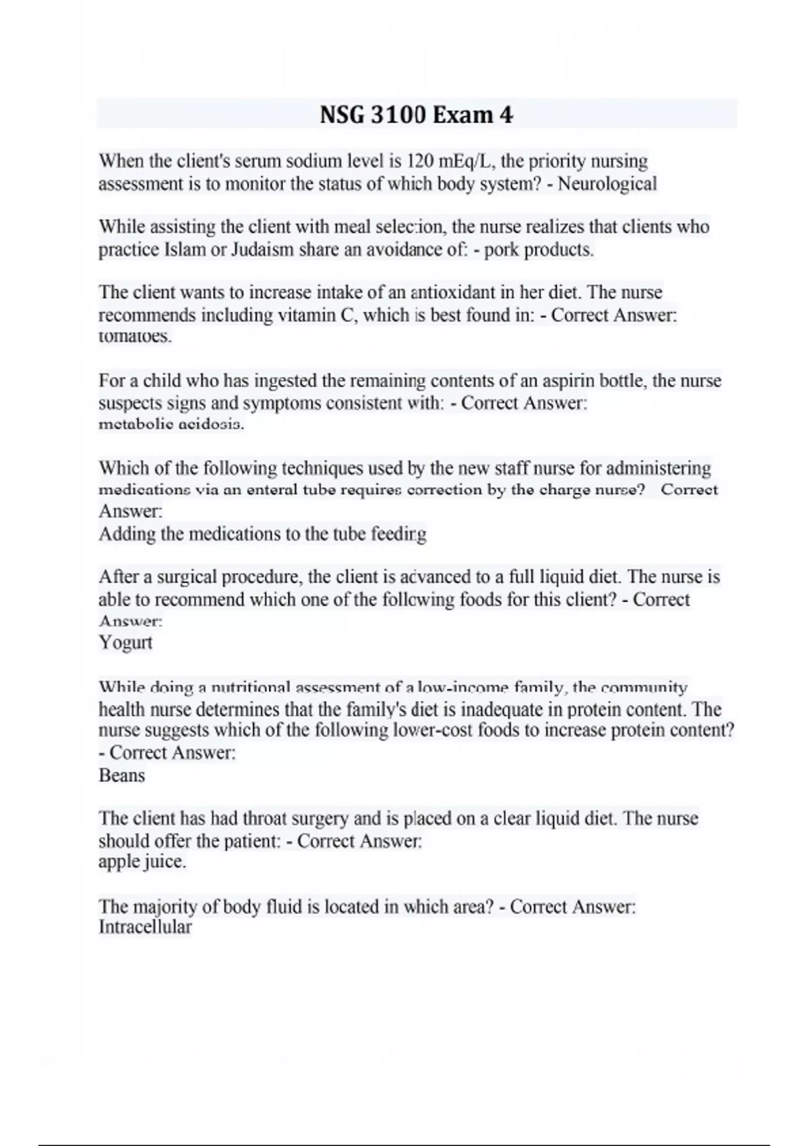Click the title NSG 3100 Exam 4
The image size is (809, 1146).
416,115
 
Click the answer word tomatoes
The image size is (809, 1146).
135,336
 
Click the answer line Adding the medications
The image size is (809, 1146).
262,534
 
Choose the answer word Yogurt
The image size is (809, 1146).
125,642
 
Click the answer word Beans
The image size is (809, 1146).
121,775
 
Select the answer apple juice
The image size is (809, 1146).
142,862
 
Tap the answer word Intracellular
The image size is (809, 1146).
145,927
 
